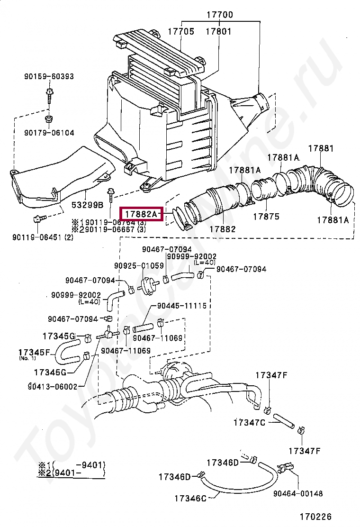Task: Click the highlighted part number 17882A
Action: [141, 214]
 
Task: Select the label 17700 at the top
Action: [219, 15]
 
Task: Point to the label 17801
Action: [218, 32]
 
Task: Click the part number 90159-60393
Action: [49, 77]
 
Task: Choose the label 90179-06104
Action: [49, 133]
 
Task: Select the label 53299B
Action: [88, 205]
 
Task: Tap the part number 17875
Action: [266, 217]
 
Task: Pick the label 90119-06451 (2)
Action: [43, 237]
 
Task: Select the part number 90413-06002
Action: [52, 386]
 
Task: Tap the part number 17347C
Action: [249, 422]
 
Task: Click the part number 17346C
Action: [190, 498]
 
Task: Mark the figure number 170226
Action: [315, 517]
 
